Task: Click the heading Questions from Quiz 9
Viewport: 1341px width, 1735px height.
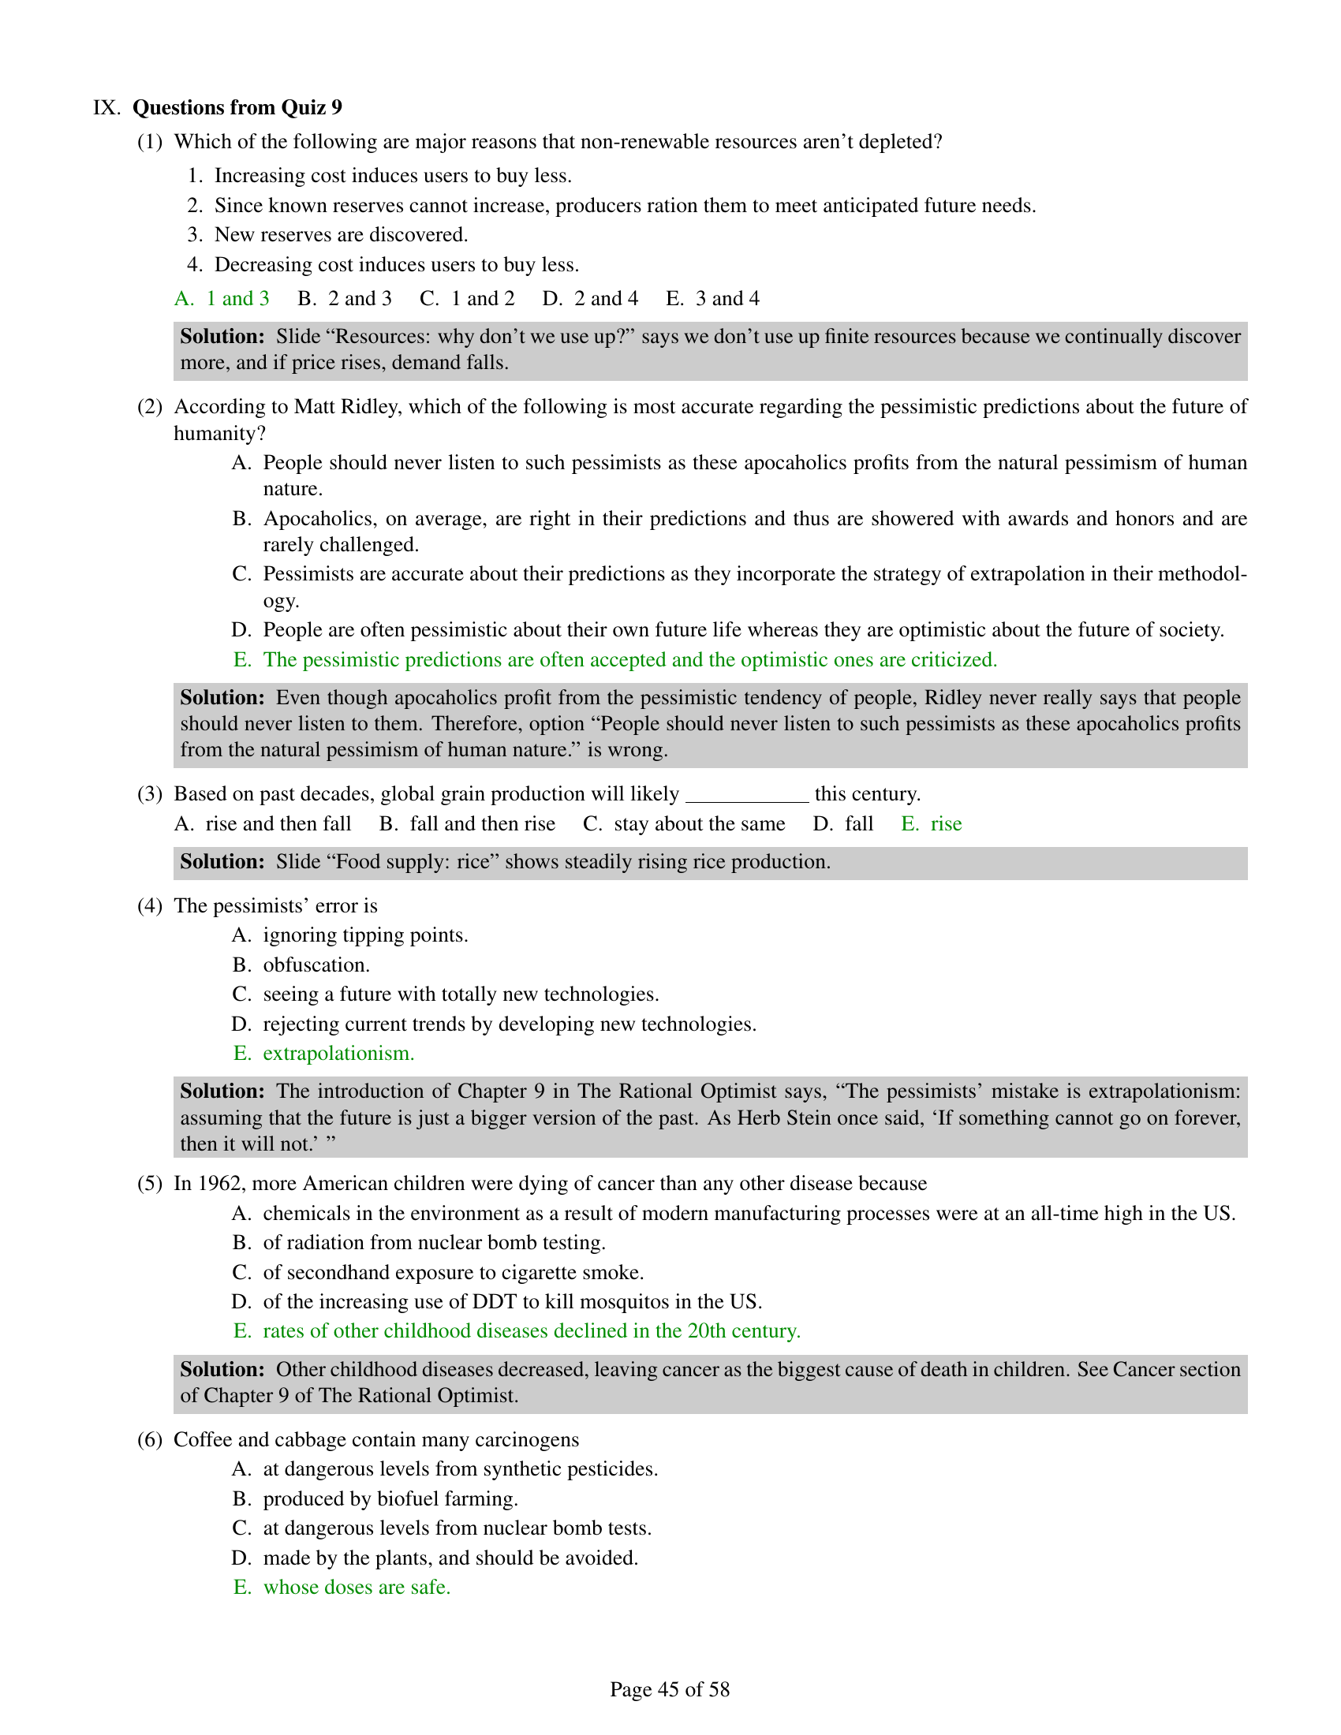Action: click(x=237, y=107)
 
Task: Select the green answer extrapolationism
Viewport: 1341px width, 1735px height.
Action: click(x=338, y=1054)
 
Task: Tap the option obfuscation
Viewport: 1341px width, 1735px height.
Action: click(x=316, y=965)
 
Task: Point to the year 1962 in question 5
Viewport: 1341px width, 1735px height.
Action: click(x=219, y=1184)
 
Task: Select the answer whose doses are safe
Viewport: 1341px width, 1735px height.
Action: click(x=357, y=1588)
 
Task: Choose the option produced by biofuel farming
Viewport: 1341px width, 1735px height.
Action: click(x=390, y=1499)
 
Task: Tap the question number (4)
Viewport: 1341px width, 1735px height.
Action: click(x=150, y=906)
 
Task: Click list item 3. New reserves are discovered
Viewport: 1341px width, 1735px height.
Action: click(x=341, y=235)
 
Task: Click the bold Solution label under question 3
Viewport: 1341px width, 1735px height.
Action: click(x=222, y=862)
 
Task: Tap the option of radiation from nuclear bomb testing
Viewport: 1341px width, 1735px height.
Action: click(x=434, y=1242)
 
